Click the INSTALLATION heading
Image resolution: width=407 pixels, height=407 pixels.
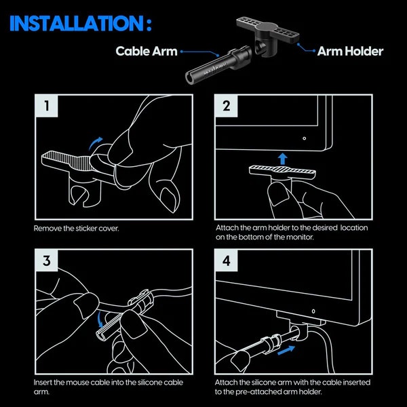[75, 24]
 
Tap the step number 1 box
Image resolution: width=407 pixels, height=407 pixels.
[46, 107]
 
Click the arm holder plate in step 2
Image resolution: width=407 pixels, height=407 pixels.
[281, 172]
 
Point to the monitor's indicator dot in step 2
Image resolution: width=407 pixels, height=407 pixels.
[304, 138]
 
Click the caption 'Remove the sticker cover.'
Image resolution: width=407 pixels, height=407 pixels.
[77, 229]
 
